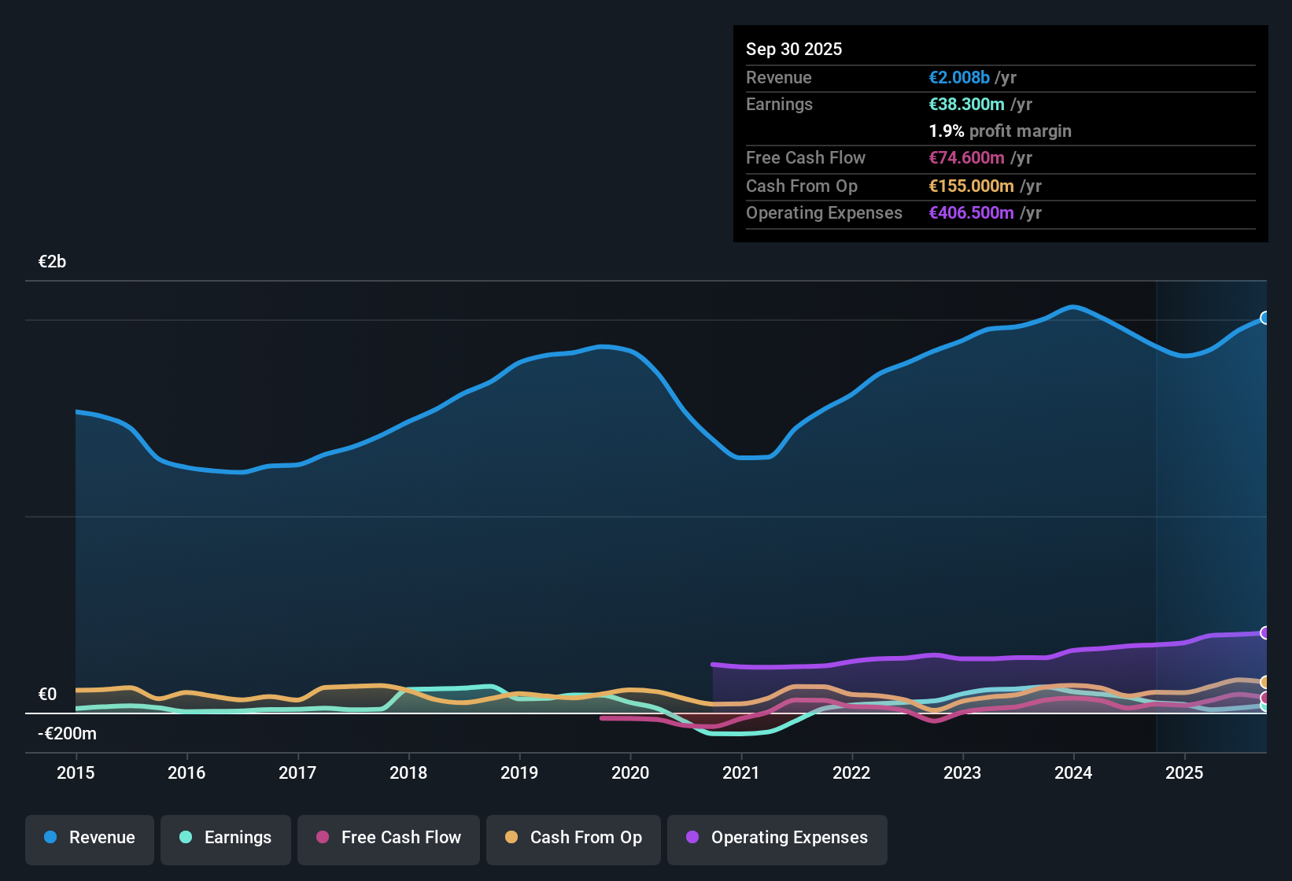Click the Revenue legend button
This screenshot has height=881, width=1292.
coord(90,838)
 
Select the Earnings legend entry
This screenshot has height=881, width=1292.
coord(226,838)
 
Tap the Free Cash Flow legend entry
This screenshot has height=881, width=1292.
coord(389,838)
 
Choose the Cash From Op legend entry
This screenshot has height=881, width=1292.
coord(574,838)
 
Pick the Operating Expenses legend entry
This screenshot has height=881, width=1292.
coord(777,838)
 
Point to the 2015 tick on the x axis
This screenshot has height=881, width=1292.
coord(76,772)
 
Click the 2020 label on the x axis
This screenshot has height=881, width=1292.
coord(630,772)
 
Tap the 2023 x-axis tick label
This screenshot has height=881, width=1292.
coord(962,772)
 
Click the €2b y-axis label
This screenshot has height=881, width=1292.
coord(52,262)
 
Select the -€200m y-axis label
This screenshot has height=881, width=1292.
coord(67,734)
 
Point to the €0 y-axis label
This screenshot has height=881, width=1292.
coord(47,695)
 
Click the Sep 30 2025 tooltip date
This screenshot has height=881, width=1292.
coord(794,50)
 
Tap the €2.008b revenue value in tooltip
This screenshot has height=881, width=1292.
coord(959,78)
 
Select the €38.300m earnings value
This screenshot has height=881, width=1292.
coord(966,105)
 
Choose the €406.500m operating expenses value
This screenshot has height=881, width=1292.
coord(971,213)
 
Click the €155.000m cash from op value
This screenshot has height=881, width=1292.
coord(971,186)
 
